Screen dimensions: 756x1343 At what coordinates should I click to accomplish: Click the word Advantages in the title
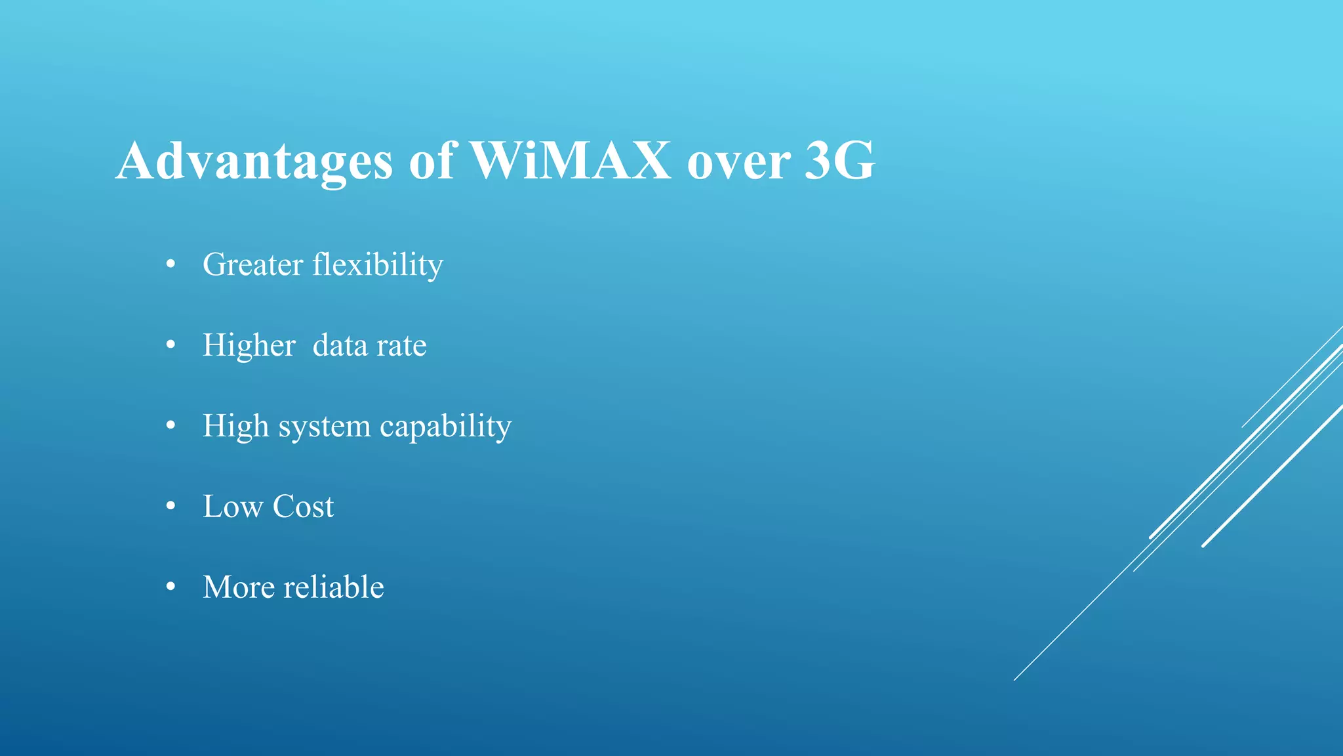[x=254, y=161]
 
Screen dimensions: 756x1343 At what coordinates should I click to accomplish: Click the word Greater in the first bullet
[x=252, y=264]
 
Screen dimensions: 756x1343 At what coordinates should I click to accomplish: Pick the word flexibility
[x=378, y=265]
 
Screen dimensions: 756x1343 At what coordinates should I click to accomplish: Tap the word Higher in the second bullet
[x=249, y=346]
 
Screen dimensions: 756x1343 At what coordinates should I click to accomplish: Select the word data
[x=340, y=345]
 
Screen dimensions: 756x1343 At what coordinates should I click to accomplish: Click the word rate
[x=401, y=346]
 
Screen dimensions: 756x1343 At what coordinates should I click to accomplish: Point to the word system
[x=325, y=427]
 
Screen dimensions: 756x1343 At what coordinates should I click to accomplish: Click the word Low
[x=232, y=507]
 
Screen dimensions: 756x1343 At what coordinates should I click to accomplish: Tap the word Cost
[x=303, y=507]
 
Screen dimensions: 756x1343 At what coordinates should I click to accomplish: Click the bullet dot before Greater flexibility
[x=171, y=264]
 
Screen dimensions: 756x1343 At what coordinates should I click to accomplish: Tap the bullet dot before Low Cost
[x=171, y=507]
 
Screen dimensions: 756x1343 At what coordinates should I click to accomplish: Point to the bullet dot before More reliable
[x=171, y=587]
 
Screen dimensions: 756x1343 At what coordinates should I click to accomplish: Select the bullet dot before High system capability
[x=171, y=426]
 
